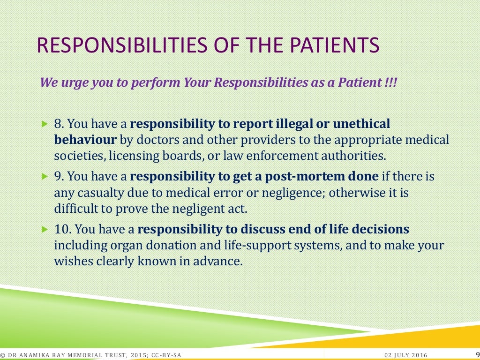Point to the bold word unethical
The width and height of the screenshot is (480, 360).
click(361, 124)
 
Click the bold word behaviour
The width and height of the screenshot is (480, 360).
click(85, 140)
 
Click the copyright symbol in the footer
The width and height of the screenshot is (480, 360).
click(3, 355)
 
